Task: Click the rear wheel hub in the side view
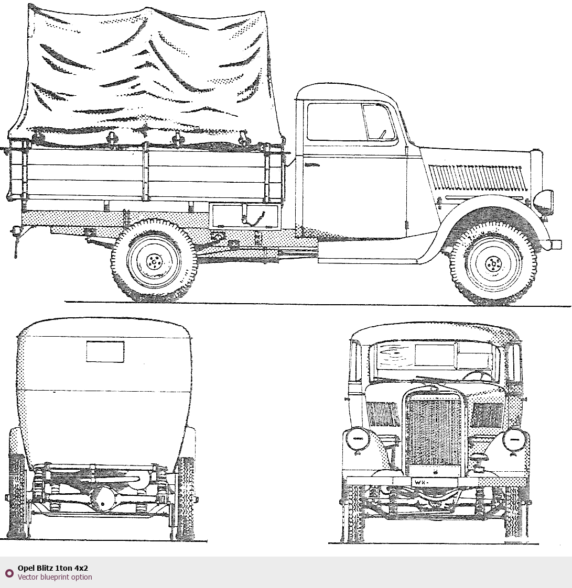[x=153, y=261]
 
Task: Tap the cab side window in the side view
[x=351, y=121]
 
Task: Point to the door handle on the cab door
[x=312, y=165]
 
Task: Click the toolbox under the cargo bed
[x=245, y=216]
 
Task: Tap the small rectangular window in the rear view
[x=105, y=351]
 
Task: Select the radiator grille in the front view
[x=434, y=432]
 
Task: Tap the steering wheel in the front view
[x=477, y=376]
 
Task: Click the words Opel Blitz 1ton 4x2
[x=52, y=568]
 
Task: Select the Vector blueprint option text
[x=55, y=577]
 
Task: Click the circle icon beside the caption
[x=9, y=573]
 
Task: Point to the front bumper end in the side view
[x=556, y=245]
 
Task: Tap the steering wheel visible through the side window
[x=383, y=134]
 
